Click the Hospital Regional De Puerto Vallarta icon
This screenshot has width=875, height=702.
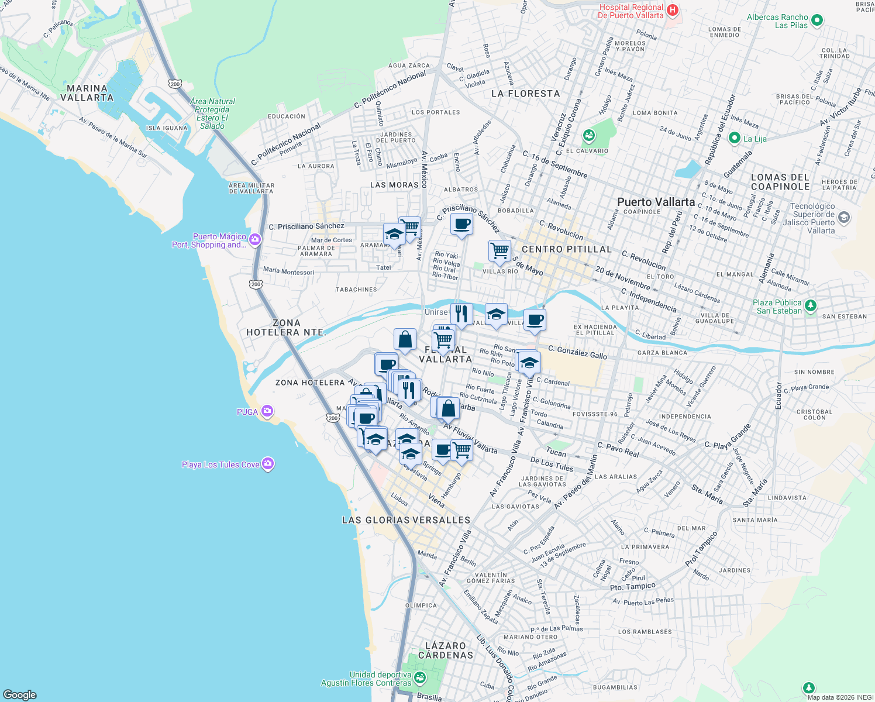point(673,10)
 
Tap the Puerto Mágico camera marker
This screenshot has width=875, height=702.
point(255,239)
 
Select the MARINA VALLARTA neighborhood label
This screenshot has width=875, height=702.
point(87,93)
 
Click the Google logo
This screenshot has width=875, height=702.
point(19,694)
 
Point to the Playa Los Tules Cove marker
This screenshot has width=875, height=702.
point(268,464)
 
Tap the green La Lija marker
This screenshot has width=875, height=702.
point(734,138)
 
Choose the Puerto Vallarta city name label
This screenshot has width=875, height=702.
point(656,202)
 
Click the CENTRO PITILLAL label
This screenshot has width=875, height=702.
point(566,249)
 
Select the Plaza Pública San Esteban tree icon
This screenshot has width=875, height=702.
point(810,305)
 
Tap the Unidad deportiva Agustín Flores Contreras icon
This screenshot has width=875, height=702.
point(419,678)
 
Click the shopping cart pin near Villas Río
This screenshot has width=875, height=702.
point(499,250)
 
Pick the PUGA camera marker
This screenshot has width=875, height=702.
point(267,411)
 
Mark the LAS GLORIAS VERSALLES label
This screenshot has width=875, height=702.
point(406,520)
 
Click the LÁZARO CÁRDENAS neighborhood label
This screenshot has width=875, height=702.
point(446,650)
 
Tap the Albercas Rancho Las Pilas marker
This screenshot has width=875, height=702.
point(817,20)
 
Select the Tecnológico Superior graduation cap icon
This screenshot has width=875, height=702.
point(843,218)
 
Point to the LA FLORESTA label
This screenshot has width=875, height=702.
point(525,94)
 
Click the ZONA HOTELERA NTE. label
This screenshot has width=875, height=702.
point(286,328)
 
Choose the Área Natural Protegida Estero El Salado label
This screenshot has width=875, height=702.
point(212,113)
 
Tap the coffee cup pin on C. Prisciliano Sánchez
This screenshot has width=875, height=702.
point(461,224)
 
